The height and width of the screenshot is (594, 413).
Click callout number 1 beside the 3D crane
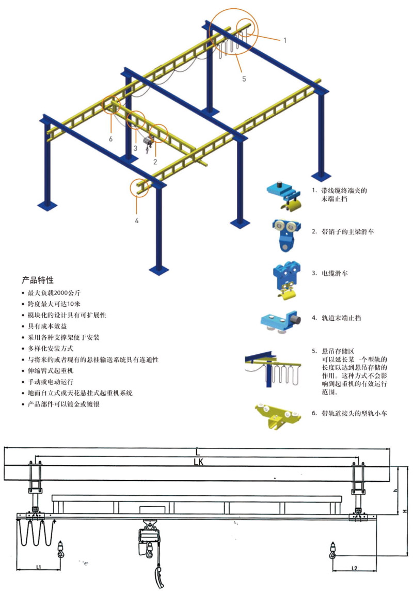coord(284,40)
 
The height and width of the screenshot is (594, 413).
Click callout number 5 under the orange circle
coord(244,79)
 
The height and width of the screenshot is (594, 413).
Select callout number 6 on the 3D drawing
coord(110,138)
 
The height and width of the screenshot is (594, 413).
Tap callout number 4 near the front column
coord(136,221)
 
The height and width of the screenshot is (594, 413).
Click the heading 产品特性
coord(38,280)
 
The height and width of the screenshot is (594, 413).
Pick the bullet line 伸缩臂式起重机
coord(52,371)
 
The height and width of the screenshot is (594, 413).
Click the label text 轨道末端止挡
coord(341,318)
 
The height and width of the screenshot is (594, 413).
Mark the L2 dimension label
coord(354,568)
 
